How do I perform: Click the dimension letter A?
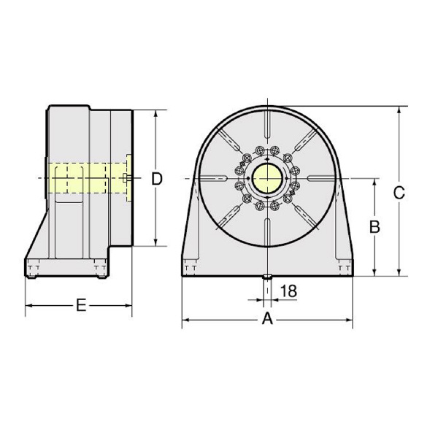click(267, 319)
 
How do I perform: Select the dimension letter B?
click(374, 226)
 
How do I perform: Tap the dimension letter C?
click(399, 193)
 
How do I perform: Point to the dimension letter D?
click(157, 179)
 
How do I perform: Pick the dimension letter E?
click(81, 305)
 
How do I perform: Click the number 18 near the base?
click(288, 291)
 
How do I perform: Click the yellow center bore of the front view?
click(267, 178)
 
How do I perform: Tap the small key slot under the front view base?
click(267, 277)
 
